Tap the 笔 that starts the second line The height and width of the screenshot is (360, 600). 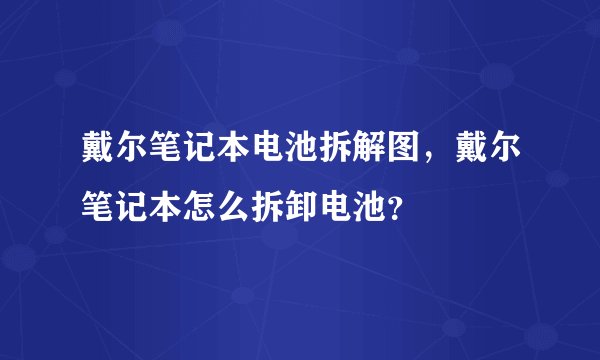coord(99,209)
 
